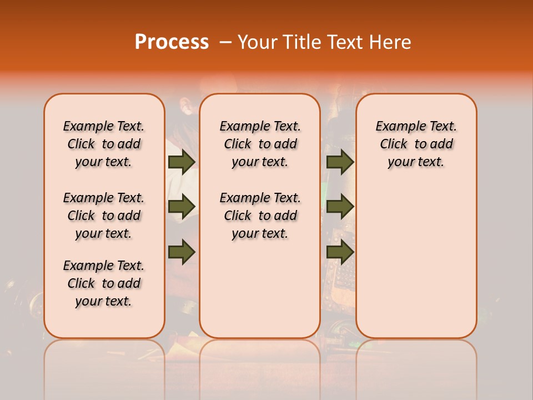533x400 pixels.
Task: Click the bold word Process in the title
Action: click(172, 42)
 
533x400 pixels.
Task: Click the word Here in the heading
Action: click(391, 42)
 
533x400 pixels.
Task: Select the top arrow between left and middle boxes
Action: click(182, 162)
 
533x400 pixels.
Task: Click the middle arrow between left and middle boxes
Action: click(182, 207)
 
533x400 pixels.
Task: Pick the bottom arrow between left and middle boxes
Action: click(182, 252)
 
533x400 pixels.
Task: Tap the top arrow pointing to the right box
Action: click(340, 162)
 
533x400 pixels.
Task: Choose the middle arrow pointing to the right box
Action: click(340, 207)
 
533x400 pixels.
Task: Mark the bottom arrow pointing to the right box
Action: click(340, 252)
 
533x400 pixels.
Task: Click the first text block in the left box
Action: click(104, 144)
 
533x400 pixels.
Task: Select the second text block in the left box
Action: click(104, 216)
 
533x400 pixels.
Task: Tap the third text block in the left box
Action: click(104, 283)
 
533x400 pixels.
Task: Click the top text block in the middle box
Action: click(260, 144)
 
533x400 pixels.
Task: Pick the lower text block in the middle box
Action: click(260, 216)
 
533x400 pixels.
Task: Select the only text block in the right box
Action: click(416, 144)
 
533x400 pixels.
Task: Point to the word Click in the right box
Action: click(394, 144)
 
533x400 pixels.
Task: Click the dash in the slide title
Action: click(225, 42)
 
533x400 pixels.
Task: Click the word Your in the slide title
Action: click(256, 42)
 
